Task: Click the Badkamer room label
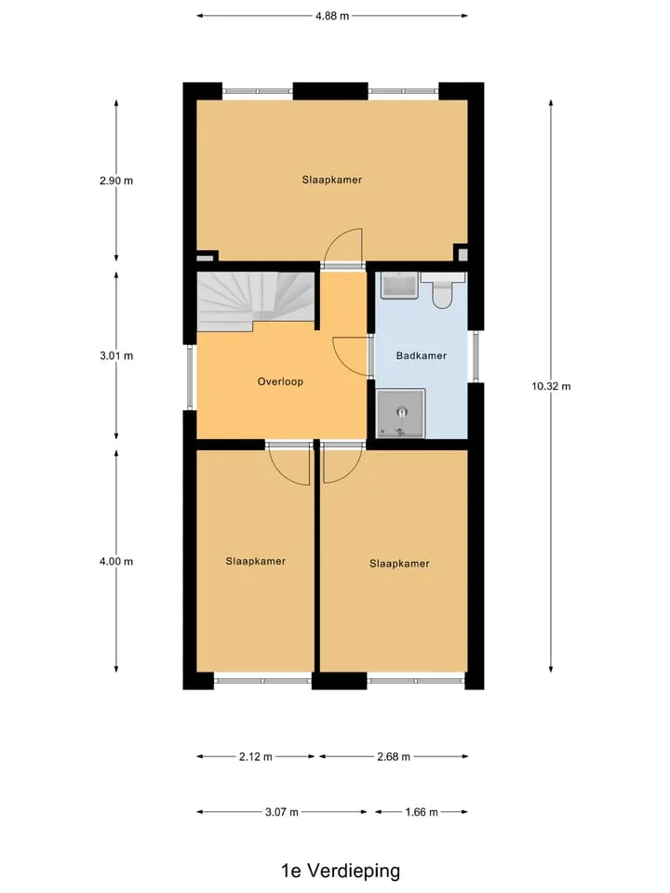click(421, 356)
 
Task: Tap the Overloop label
click(280, 381)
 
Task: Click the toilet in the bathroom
click(443, 290)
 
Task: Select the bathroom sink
click(399, 286)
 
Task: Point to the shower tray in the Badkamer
click(401, 413)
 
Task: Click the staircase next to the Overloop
click(255, 300)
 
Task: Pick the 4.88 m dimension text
click(332, 16)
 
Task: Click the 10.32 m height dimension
click(551, 386)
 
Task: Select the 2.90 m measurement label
click(116, 181)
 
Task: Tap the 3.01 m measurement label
click(116, 356)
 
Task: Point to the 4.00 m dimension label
click(116, 562)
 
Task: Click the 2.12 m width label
click(255, 757)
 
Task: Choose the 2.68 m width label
click(394, 757)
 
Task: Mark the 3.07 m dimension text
click(281, 812)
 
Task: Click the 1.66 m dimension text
click(422, 812)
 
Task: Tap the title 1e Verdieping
click(341, 871)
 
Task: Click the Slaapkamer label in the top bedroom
click(332, 180)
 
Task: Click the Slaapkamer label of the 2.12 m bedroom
click(255, 562)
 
